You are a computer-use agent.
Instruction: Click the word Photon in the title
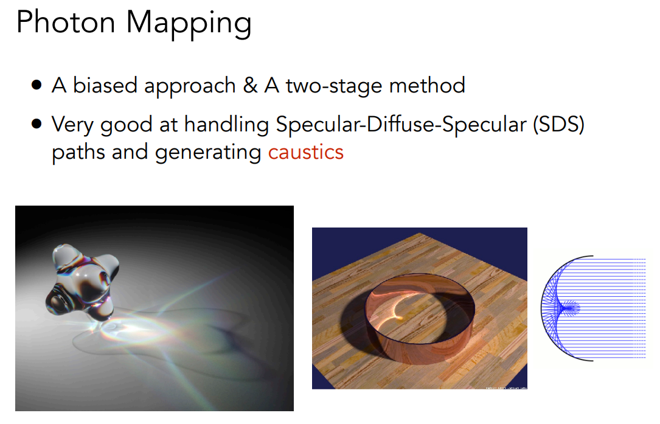coord(66,22)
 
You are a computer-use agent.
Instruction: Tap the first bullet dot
coord(36,85)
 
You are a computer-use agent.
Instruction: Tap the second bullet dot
coord(36,123)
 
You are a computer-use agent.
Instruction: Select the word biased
coord(105,86)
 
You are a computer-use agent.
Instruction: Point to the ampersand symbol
coord(250,86)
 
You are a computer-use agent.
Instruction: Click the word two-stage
coord(334,87)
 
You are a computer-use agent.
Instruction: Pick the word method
coord(427,86)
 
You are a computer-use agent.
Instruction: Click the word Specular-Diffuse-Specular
coord(401,125)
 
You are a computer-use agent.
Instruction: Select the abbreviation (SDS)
coord(559,125)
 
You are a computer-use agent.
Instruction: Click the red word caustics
coord(306,153)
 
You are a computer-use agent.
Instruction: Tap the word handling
coord(227,126)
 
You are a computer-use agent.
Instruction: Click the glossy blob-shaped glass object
coord(82,280)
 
